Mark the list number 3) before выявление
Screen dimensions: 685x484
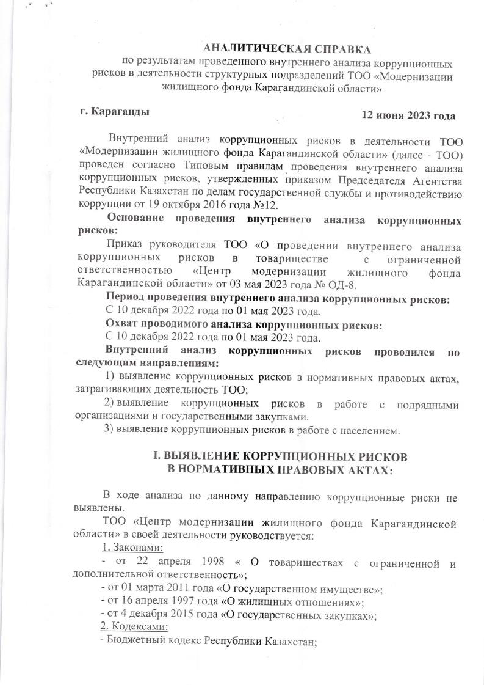tap(110, 431)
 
